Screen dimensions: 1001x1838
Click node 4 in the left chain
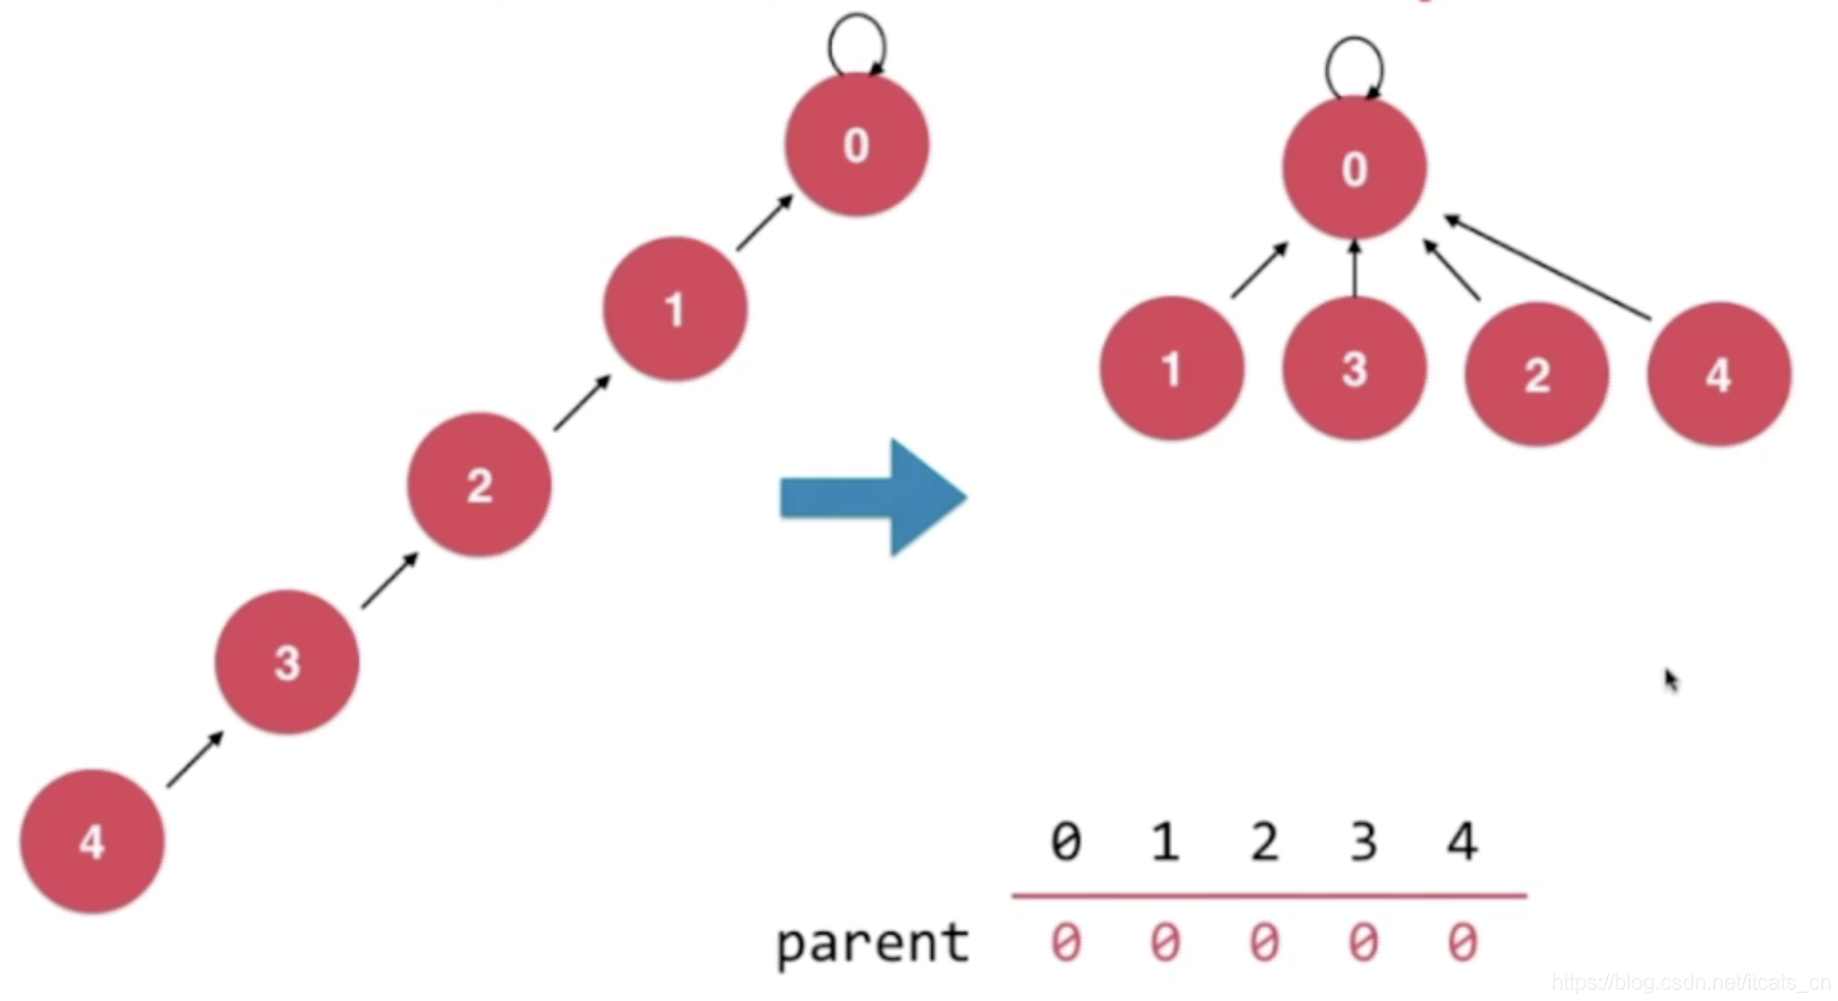92,841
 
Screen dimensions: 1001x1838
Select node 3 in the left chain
286,662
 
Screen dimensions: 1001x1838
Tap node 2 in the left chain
479,484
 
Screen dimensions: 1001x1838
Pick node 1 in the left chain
675,309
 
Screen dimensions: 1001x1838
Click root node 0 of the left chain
856,144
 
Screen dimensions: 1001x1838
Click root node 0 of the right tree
1354,168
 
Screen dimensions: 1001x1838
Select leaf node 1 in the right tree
1171,368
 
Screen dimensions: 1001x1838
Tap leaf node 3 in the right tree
1354,368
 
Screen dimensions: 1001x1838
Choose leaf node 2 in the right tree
1536,374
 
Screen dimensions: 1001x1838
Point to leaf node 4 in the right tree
1719,374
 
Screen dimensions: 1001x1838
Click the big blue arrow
873,497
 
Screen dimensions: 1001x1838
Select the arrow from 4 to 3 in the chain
195,759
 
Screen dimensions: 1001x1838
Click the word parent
872,943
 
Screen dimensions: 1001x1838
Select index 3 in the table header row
1363,841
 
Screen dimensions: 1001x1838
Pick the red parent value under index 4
1463,942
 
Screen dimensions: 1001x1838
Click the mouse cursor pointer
1671,680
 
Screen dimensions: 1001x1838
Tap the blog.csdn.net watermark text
1690,983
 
